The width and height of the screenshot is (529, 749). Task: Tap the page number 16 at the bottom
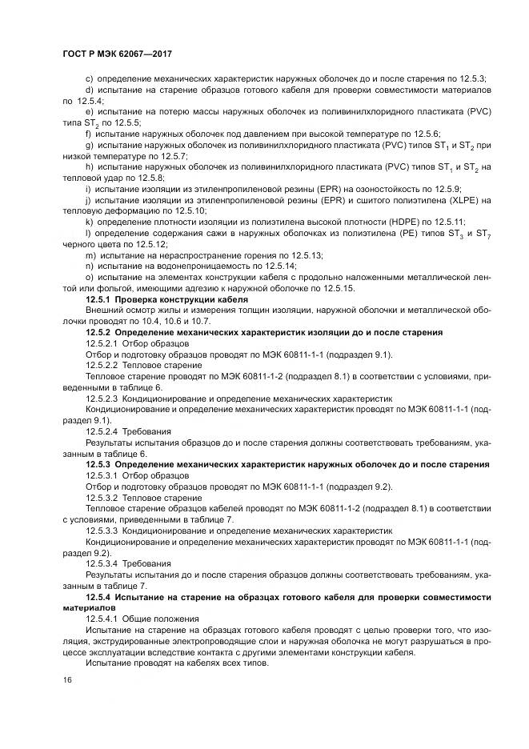click(x=67, y=679)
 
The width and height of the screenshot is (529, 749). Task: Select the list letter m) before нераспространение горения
click(x=90, y=254)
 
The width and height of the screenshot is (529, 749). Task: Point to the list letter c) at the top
click(x=89, y=78)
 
